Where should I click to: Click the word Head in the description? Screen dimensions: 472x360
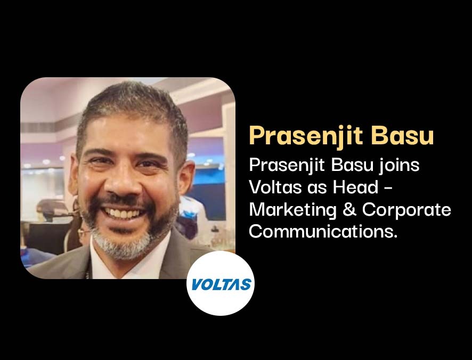pos(355,187)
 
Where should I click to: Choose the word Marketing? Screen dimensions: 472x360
pos(292,210)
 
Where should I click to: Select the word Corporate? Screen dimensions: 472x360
pos(406,210)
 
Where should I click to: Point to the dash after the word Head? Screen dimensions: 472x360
pos(388,189)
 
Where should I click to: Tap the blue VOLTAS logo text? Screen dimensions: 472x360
pos(221,284)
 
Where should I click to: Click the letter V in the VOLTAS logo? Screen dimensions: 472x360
pos(197,284)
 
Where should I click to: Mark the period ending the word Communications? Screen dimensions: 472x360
pos(395,237)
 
